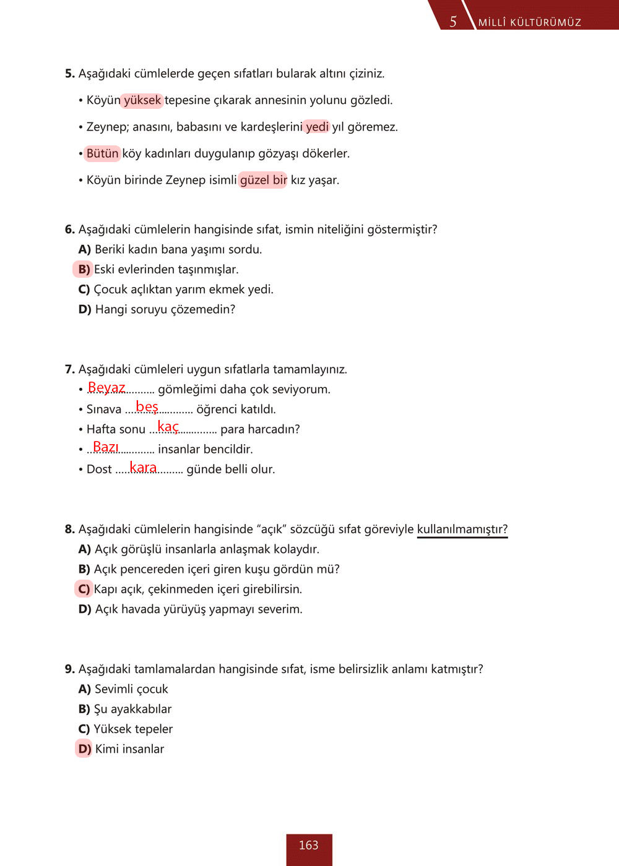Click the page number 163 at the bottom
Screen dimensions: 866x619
[308, 846]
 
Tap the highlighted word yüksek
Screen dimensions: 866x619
[142, 100]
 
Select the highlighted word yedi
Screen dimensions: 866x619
[317, 127]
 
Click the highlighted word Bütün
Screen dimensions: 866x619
[102, 153]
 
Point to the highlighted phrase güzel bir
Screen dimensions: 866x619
[263, 180]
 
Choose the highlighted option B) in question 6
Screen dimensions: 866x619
[84, 269]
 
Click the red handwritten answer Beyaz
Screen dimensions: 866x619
[106, 388]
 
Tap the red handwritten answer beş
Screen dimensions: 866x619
[147, 407]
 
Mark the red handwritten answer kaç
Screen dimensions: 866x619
[168, 427]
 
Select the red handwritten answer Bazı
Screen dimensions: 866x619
[105, 447]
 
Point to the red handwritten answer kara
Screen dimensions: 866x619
[143, 468]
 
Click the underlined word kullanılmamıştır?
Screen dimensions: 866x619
[462, 529]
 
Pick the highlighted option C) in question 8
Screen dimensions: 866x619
[84, 589]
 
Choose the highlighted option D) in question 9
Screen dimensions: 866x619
[84, 749]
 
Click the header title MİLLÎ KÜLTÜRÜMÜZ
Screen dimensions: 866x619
[529, 22]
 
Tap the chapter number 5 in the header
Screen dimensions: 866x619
[453, 22]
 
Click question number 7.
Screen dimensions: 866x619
[69, 369]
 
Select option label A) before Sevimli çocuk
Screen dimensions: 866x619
[85, 689]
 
